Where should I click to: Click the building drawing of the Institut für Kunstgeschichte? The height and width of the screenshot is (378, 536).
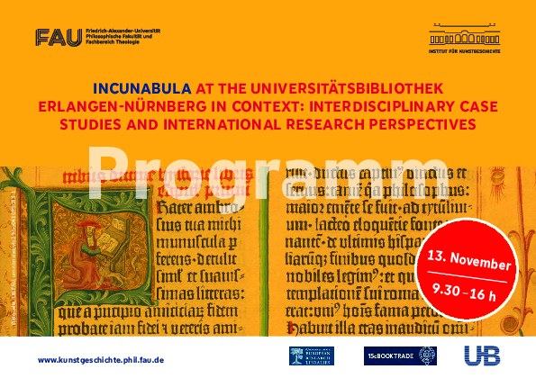460,36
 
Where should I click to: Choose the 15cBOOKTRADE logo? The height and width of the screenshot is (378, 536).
400,356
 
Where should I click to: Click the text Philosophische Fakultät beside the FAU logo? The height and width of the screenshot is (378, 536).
112,35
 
